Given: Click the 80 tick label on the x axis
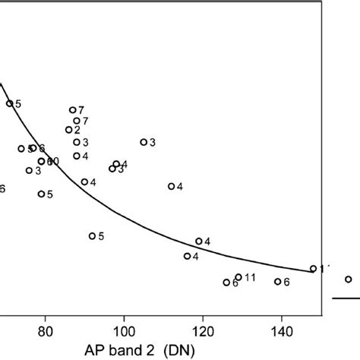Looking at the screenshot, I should [x=46, y=331].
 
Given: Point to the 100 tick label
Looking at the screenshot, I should [x=124, y=331].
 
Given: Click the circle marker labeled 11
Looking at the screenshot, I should [x=238, y=277].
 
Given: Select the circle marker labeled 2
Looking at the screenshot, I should [x=69, y=130].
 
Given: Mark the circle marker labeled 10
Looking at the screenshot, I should [x=42, y=161].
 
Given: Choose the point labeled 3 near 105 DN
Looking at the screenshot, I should [x=144, y=142].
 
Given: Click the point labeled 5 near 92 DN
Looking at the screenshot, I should [x=93, y=236].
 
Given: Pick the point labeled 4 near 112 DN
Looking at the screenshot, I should [x=171, y=186].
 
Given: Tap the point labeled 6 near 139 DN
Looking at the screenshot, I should [x=277, y=282].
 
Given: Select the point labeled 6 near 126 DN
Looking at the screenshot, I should [x=226, y=283].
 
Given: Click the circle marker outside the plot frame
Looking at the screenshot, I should [x=349, y=279].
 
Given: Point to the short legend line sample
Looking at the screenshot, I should [x=346, y=298].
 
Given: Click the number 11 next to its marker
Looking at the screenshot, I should [x=250, y=276].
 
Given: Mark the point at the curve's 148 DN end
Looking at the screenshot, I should [x=313, y=268].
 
